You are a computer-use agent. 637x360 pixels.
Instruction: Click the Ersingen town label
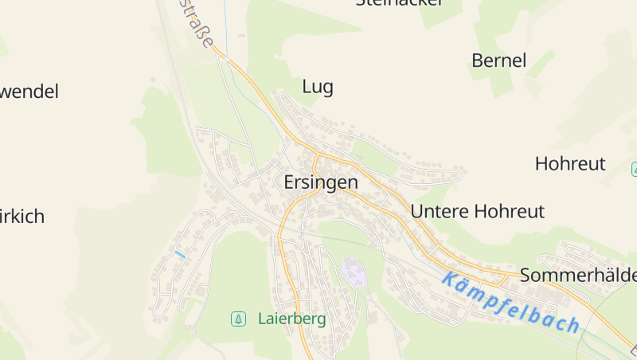pos(321,182)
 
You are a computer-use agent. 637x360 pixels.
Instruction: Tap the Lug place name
pos(318,87)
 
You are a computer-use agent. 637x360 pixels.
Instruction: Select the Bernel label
pos(499,61)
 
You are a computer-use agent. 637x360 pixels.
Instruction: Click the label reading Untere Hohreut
pos(478,211)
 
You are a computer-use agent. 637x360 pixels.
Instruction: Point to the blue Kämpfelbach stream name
pos(510,302)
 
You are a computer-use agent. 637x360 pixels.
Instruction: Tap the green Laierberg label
pos(291,319)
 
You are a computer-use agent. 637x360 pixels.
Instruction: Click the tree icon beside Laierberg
pos(237,319)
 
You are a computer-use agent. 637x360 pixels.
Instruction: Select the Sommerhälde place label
pos(578,276)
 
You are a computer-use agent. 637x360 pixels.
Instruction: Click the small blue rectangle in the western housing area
pos(180,254)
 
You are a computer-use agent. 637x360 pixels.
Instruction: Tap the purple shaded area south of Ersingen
pos(355,273)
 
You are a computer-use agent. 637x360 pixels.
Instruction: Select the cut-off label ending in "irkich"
pos(21,217)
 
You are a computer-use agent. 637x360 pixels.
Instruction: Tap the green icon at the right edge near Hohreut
pos(635,169)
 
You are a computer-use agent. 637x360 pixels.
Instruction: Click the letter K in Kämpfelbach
pos(450,280)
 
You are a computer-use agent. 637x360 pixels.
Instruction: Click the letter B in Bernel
pos(478,61)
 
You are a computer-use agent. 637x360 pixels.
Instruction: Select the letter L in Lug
pos(307,87)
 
